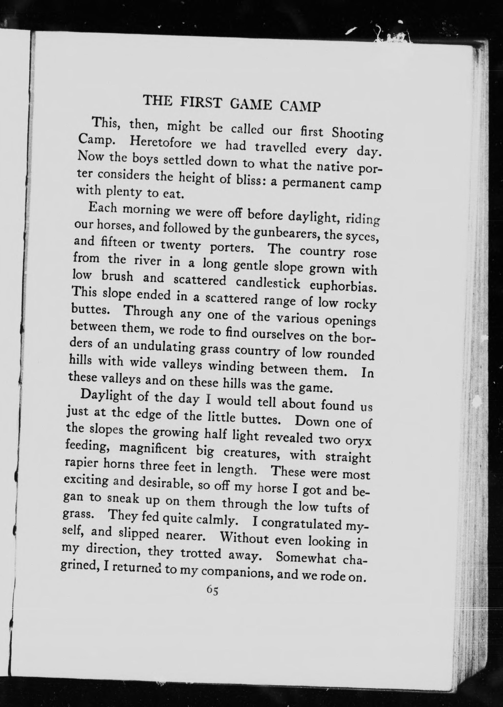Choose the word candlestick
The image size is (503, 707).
pyautogui.click(x=268, y=283)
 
